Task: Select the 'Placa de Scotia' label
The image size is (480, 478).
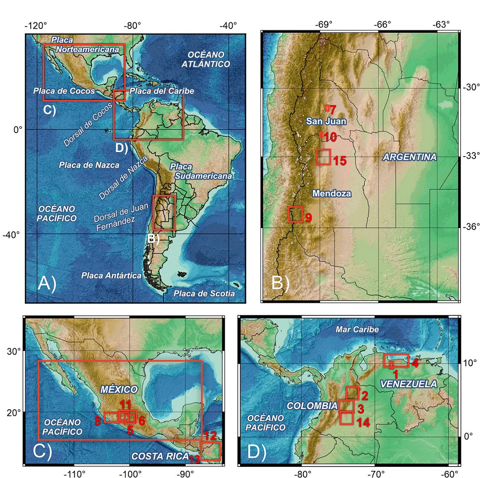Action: coord(203,294)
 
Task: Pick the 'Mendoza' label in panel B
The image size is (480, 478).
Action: coord(332,193)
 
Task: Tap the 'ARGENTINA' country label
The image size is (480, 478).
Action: coord(410,157)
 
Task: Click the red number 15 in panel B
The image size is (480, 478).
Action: coord(340,161)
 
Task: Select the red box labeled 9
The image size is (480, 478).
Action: coord(295,214)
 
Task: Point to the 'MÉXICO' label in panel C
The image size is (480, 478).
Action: coord(119,389)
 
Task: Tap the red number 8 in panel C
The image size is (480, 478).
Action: coord(98,421)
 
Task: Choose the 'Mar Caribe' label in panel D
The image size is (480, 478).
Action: coord(357,329)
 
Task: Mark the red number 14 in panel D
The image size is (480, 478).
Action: coord(363,423)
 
